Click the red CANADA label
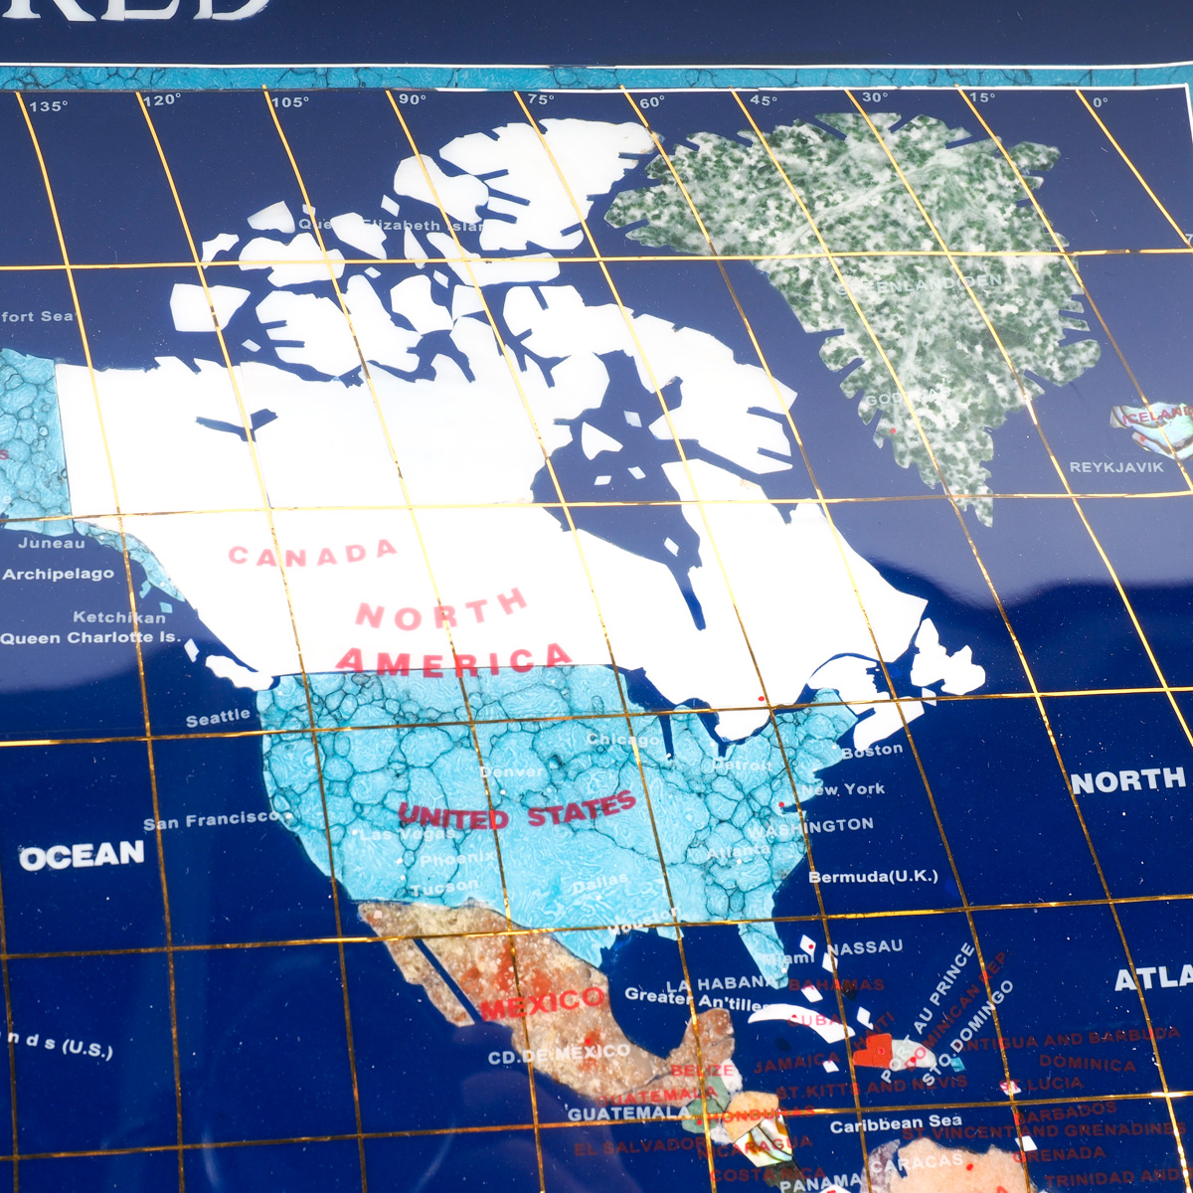312,554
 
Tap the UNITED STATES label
517,812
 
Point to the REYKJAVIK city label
1116,466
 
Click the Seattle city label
218,717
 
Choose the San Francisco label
212,820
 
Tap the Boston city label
872,751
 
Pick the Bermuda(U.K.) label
873,877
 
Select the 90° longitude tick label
412,99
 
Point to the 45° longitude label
763,100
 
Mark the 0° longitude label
1100,101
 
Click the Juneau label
52,543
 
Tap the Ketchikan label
119,616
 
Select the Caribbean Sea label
896,1124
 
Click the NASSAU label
865,946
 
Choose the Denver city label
512,771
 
